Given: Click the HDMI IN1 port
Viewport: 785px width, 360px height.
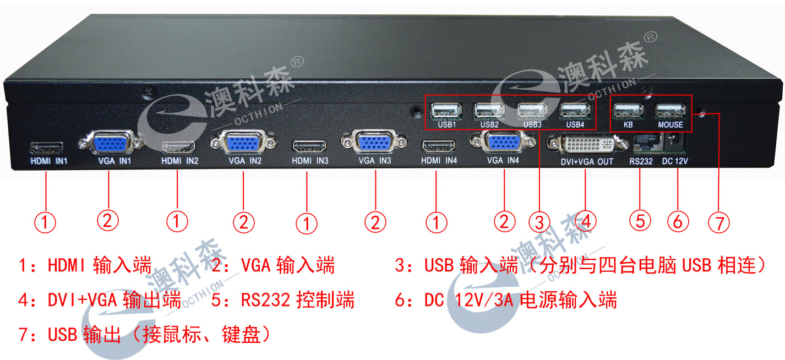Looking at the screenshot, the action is coord(47,148).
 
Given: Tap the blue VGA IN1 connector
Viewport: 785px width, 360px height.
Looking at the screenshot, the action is coord(111,143).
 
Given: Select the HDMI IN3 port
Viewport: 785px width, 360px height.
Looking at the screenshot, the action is coord(309,147).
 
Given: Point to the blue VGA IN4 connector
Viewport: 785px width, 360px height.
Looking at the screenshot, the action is coord(503,141).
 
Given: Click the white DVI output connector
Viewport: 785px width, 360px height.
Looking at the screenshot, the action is coord(588,144).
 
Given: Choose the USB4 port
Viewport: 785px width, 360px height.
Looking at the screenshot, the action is coord(575,111).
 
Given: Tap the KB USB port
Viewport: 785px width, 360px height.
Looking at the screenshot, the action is coord(628,111).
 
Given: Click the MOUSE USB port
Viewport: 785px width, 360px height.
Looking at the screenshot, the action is coord(670,111).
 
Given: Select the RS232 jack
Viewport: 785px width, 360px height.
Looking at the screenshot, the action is coord(646,143).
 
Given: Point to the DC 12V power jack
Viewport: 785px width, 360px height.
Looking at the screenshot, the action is coord(675,143).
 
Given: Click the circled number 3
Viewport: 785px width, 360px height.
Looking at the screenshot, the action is coord(539,222).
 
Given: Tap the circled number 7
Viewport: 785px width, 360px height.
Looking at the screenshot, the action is coord(719,222).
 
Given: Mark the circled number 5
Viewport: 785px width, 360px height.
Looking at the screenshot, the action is coord(640,221).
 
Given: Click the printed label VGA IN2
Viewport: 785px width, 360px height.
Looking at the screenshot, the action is coord(246,161).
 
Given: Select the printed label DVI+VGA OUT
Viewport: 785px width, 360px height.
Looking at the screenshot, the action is coord(587,162).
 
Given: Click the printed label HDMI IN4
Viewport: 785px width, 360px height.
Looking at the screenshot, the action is coord(439,161).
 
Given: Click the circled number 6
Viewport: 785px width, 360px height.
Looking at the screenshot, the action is coord(678,221).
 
